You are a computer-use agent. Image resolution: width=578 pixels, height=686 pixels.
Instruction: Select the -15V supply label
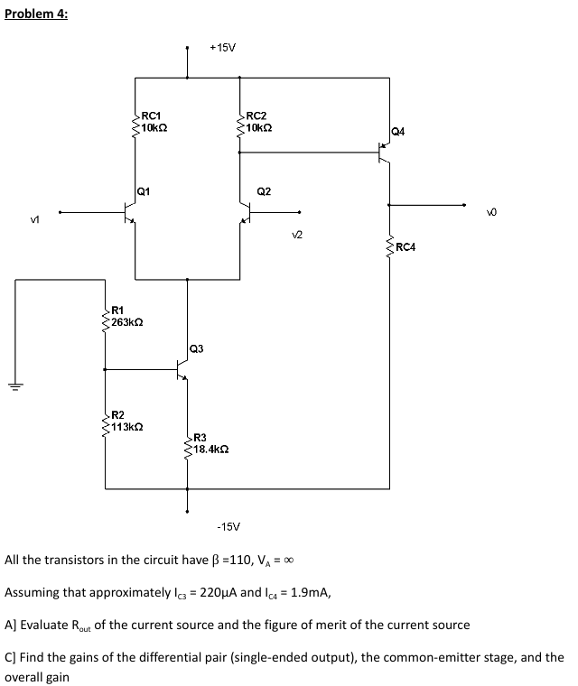[228, 524]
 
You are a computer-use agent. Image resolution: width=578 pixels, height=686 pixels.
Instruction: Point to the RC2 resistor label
[256, 116]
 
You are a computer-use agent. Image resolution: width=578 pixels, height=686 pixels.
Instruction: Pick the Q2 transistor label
[264, 191]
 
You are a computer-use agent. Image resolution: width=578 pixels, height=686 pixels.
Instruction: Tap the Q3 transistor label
[198, 348]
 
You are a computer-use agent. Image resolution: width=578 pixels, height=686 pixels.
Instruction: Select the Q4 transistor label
[398, 132]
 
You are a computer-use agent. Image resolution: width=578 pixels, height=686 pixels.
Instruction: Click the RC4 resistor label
[406, 246]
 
